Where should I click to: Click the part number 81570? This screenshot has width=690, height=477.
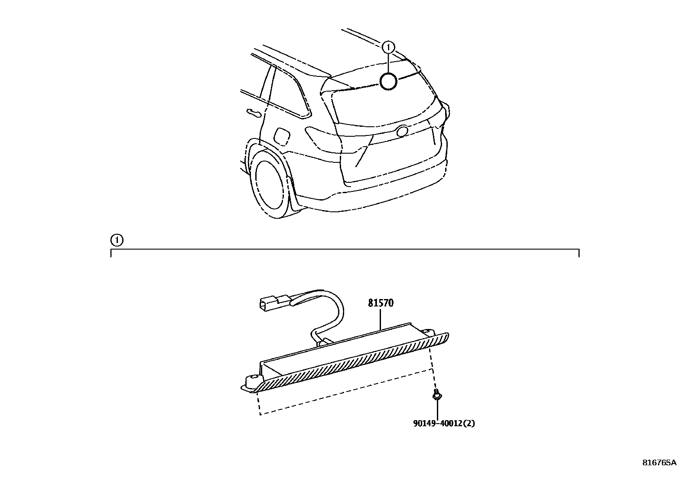pos(381,303)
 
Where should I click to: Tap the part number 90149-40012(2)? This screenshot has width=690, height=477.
pos(444,423)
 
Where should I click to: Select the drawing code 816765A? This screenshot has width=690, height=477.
pos(659,463)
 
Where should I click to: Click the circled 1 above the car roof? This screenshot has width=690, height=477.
pos(389,46)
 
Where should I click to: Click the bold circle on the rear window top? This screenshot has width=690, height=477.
pos(388,81)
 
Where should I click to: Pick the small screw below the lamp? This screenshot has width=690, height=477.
pos(437,395)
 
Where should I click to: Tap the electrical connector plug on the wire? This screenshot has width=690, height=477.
pos(271,302)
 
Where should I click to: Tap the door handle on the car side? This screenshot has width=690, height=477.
pos(252,113)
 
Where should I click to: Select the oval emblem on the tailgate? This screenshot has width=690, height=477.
pos(402,131)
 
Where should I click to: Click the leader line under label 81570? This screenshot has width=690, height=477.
pos(380,319)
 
